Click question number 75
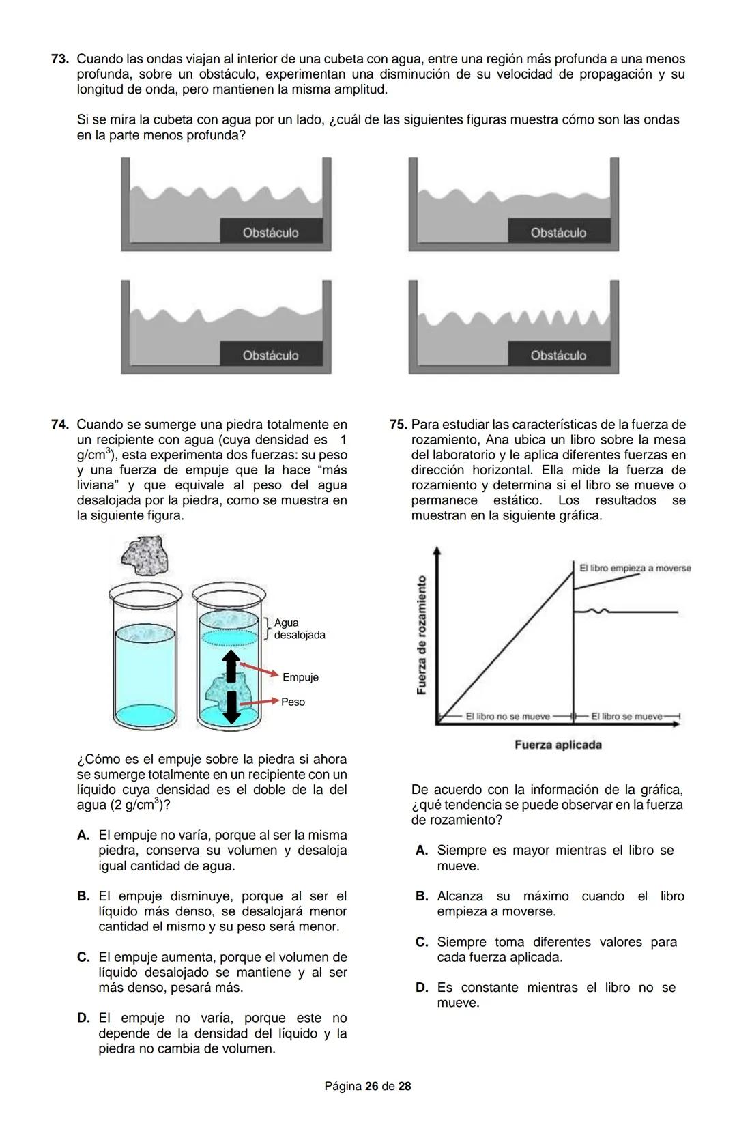coord(397,425)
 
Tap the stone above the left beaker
coord(145,556)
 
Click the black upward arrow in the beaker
coord(231,666)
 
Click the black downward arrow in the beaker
coord(231,707)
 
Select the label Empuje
coord(300,677)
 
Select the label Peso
coord(293,702)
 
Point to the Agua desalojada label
coord(299,629)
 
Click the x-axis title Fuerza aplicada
coord(558,745)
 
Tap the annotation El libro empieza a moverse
coord(635,568)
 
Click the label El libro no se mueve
coord(507,716)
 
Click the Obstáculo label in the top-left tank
coord(270,232)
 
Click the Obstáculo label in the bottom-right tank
coord(558,355)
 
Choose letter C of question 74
coord(83,957)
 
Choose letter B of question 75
coord(422,896)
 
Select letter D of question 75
coord(422,988)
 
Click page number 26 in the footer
coord(371,1086)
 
